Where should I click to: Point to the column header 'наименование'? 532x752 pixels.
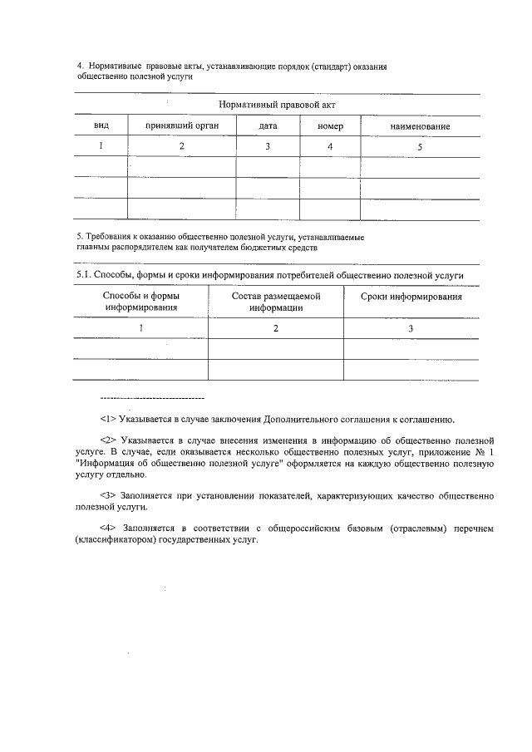tap(420, 126)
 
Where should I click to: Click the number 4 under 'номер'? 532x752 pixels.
tap(330, 146)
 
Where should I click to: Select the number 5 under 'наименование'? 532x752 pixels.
tap(420, 146)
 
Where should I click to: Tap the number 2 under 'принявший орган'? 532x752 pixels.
tap(181, 146)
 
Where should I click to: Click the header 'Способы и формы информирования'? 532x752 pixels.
tap(141, 302)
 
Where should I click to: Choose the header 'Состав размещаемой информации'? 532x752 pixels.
tap(276, 302)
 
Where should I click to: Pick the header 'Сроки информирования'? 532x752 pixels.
tap(411, 297)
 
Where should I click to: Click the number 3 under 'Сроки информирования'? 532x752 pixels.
tap(411, 328)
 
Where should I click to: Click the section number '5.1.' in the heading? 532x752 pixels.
tap(83, 275)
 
